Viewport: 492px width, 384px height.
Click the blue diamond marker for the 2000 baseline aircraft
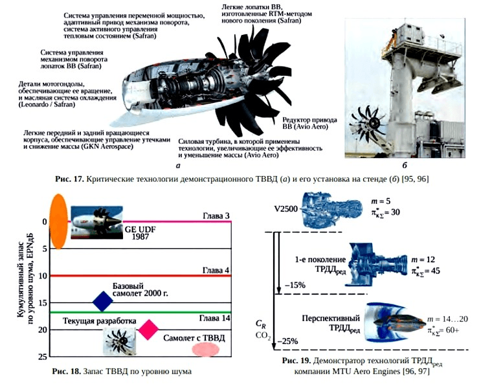click(x=102, y=301)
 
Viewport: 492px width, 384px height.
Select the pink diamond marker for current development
click(x=148, y=330)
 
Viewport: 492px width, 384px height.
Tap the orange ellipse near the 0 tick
click(x=59, y=221)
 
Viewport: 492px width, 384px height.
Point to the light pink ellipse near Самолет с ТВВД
click(x=205, y=350)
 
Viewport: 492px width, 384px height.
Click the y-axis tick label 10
click(x=42, y=276)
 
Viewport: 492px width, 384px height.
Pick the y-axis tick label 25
click(x=42, y=357)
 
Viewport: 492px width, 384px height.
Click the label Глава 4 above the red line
click(x=216, y=270)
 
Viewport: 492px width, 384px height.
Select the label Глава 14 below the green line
click(x=215, y=318)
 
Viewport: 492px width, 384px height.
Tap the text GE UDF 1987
click(x=140, y=233)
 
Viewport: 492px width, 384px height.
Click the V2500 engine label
click(x=285, y=209)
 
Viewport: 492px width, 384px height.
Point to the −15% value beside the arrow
click(x=295, y=285)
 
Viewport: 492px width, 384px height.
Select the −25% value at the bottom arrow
click(x=287, y=341)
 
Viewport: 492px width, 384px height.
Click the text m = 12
click(x=423, y=260)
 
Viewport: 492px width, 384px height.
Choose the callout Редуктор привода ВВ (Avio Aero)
click(x=309, y=124)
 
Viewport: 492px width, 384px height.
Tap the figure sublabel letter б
click(x=405, y=165)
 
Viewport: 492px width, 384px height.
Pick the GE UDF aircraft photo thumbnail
click(x=97, y=222)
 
